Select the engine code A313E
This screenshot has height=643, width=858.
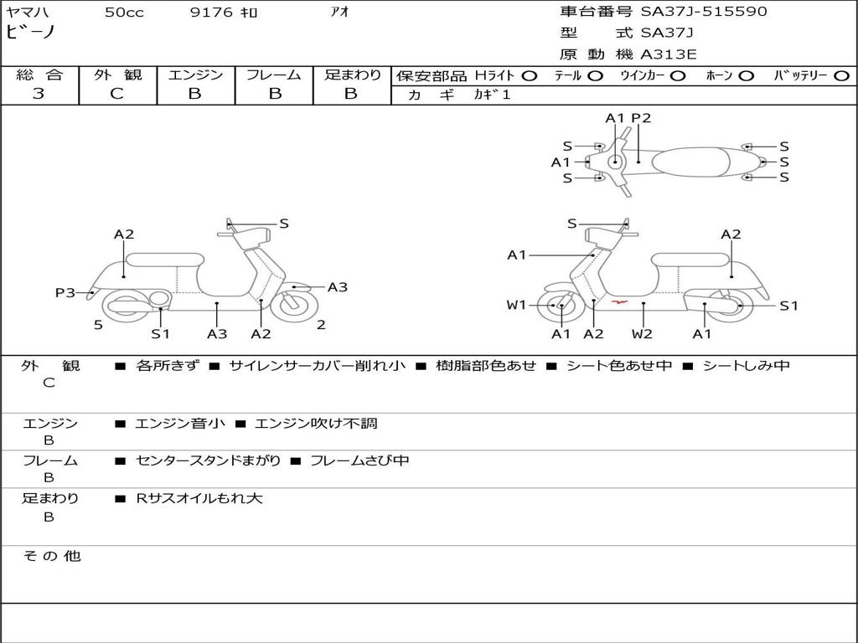click(669, 54)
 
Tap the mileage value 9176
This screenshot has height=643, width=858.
click(211, 13)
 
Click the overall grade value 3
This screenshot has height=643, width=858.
click(39, 94)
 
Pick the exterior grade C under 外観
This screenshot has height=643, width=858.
click(116, 94)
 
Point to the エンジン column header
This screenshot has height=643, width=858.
click(195, 75)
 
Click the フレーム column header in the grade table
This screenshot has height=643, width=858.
click(273, 75)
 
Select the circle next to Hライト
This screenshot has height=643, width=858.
click(530, 75)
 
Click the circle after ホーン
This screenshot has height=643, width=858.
click(747, 75)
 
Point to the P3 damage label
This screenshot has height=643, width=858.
click(65, 292)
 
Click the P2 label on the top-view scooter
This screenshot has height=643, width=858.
click(641, 118)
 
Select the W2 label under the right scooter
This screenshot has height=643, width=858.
click(642, 334)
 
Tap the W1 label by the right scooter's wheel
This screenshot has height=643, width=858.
click(516, 305)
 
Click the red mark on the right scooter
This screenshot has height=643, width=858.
click(620, 301)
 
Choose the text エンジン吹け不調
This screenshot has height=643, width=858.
click(315, 424)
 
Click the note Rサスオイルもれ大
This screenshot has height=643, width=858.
click(199, 498)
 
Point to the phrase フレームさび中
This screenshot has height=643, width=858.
click(359, 460)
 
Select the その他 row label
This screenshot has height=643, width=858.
click(51, 556)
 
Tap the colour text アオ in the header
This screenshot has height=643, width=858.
click(341, 13)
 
